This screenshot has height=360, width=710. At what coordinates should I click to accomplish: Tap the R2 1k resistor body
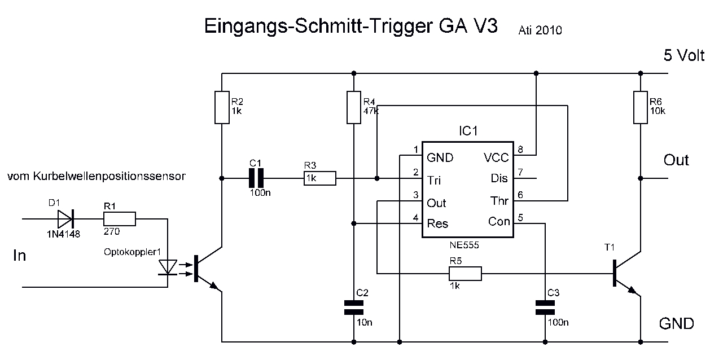(222, 107)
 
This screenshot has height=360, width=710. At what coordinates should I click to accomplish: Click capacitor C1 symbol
(257, 179)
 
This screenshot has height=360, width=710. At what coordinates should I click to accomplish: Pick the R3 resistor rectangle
(320, 179)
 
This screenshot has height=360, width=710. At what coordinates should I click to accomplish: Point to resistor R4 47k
(353, 107)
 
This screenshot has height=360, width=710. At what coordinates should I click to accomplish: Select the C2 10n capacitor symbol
(354, 308)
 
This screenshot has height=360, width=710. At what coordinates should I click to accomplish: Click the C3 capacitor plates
(545, 308)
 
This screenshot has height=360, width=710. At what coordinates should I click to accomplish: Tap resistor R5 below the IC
(465, 274)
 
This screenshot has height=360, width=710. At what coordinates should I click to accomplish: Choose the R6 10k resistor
(641, 107)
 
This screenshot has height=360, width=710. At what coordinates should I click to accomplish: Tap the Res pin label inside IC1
(437, 223)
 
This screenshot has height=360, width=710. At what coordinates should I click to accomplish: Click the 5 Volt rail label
(684, 55)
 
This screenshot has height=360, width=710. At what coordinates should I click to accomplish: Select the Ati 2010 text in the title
(540, 30)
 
